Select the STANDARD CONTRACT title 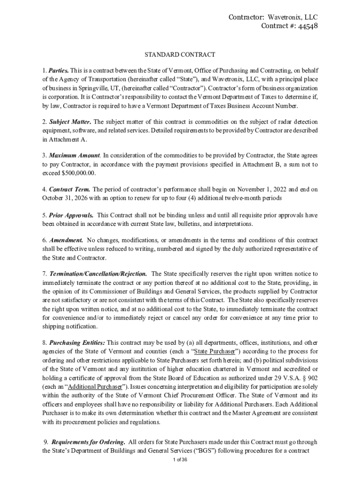[180, 55]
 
